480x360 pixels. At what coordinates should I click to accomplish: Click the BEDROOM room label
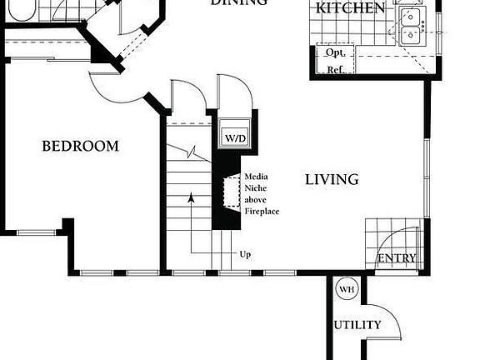tap(80, 147)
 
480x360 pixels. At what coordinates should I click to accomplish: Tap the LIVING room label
tap(331, 179)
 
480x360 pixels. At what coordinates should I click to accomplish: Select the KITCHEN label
tap(350, 9)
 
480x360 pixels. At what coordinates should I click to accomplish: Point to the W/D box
tap(231, 137)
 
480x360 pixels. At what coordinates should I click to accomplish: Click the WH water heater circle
tap(346, 290)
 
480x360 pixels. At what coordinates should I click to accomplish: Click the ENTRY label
tap(396, 258)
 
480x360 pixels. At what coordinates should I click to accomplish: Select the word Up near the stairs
tap(245, 254)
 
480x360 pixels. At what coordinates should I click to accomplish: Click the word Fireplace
tap(262, 212)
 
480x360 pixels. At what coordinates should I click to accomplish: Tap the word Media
tap(255, 177)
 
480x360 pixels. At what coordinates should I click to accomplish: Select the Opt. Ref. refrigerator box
tap(336, 61)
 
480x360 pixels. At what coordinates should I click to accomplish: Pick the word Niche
tap(255, 188)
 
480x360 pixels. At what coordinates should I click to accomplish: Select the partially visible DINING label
tap(238, 3)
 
